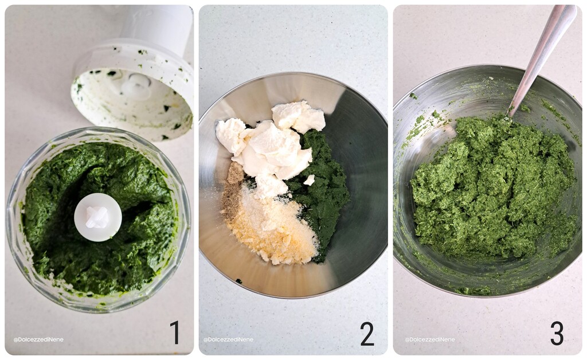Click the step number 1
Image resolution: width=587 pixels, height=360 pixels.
click(174, 332)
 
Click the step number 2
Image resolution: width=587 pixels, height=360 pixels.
click(367, 334)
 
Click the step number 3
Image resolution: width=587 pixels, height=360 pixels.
click(557, 333)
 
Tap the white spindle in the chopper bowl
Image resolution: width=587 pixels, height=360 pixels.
click(98, 217)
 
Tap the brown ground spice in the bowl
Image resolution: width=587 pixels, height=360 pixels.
click(233, 189)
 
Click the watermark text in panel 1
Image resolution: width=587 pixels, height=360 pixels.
click(38, 339)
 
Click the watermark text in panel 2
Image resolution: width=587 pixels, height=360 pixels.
click(228, 339)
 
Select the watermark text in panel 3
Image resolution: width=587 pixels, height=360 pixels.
click(430, 339)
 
